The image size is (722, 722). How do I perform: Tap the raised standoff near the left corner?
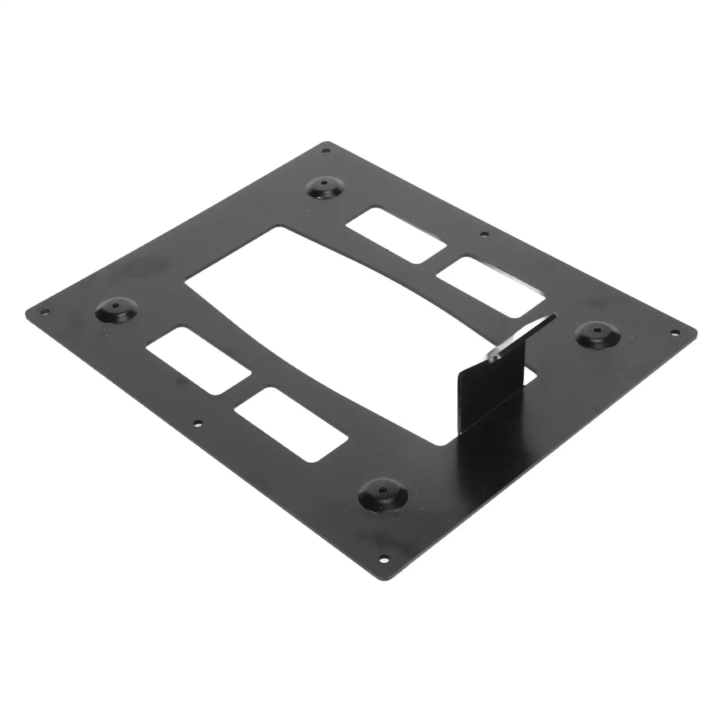[x=117, y=309]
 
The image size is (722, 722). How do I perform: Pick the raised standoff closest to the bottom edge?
[x=382, y=494]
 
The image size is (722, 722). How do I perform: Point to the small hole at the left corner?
[x=44, y=312]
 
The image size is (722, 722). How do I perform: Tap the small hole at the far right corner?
[x=675, y=332]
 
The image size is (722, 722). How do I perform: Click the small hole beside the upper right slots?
[x=484, y=234]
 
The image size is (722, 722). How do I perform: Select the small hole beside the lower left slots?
[x=197, y=423]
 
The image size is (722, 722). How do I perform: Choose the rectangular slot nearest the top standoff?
[x=397, y=235]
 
